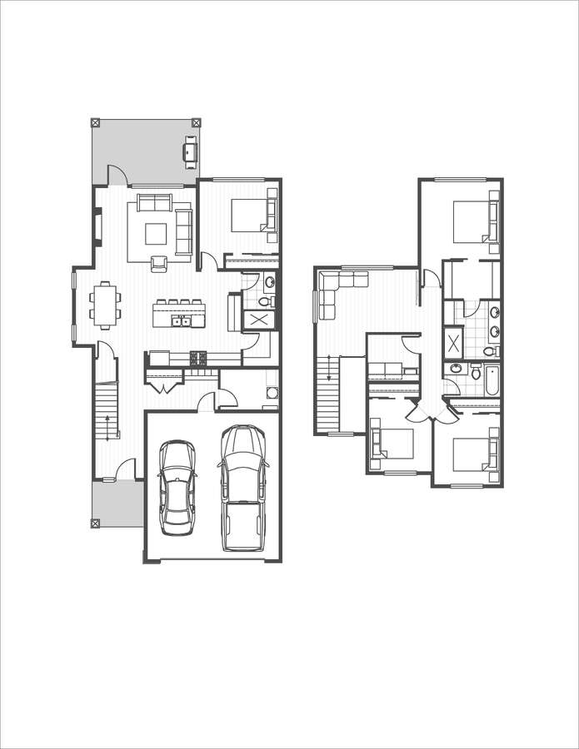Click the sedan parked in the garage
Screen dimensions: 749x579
(177, 487)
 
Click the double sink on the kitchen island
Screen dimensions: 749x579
(181, 320)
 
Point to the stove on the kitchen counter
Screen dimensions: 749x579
(199, 359)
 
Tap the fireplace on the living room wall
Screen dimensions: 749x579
(97, 227)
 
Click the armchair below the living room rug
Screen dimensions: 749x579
(159, 263)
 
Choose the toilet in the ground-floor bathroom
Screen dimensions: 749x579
(267, 300)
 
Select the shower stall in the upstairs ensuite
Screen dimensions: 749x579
(453, 343)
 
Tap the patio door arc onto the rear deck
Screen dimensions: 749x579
(116, 175)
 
